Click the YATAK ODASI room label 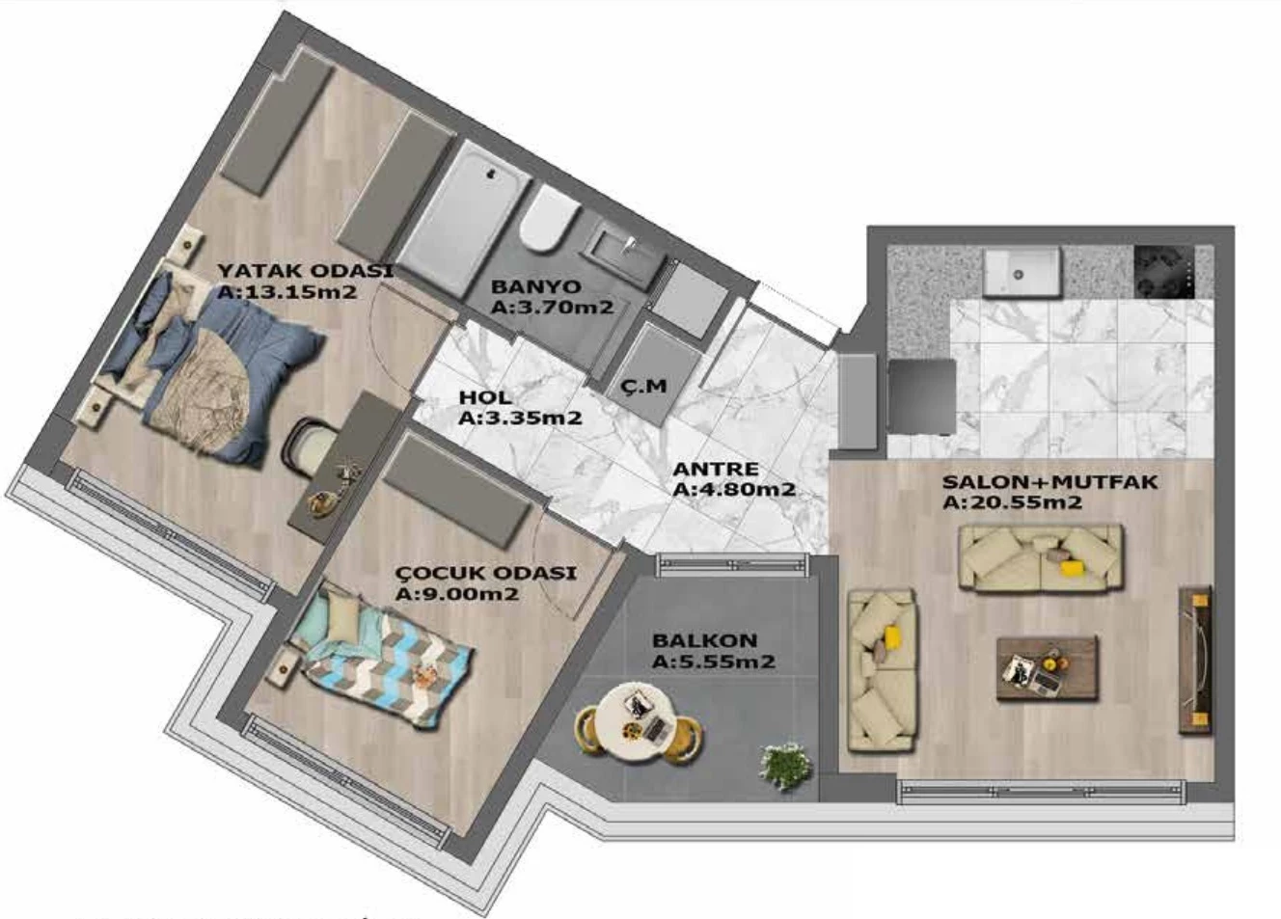[x=306, y=271]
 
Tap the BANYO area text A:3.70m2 [x=553, y=308]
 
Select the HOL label [x=485, y=396]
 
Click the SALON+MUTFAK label [x=1049, y=481]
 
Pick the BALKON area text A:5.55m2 [x=714, y=662]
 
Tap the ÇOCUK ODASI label [x=486, y=573]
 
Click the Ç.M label [x=644, y=387]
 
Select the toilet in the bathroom [x=548, y=219]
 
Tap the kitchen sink [x=1022, y=272]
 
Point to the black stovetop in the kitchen [x=1164, y=272]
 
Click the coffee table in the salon [x=1048, y=668]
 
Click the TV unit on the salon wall [x=1195, y=660]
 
